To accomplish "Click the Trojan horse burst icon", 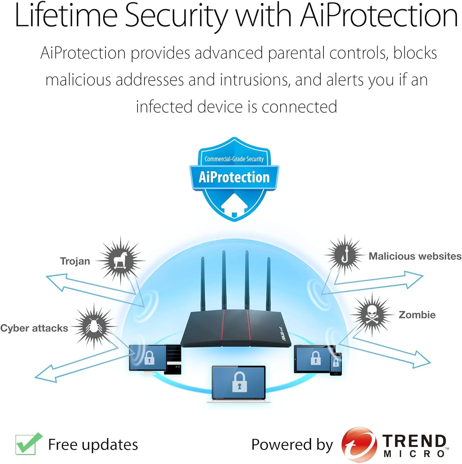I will click(120, 260).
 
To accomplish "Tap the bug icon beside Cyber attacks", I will click(94, 326).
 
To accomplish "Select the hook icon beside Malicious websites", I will click(345, 255).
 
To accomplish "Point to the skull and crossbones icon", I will click(372, 315).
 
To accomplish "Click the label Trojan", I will click(75, 261).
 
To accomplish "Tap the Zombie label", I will click(417, 315).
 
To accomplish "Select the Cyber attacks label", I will click(34, 328).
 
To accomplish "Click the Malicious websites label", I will click(415, 256).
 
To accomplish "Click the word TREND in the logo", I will click(414, 441).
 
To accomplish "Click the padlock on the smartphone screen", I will click(336, 362).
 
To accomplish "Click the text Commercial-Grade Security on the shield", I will click(234, 159).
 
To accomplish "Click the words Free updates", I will click(93, 445).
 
